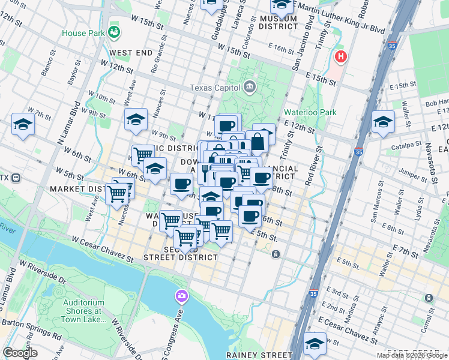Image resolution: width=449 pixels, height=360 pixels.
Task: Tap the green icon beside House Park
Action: point(113,31)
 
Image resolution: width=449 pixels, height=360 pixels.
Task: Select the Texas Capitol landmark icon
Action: point(249,88)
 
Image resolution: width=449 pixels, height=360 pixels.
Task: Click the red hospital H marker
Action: point(341,58)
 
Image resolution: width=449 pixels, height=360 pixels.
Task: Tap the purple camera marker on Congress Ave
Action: point(181,296)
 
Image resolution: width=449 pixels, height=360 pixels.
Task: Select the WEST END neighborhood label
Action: point(131,53)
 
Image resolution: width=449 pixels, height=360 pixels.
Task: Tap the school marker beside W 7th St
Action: point(23,124)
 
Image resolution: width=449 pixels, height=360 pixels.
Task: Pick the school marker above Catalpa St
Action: point(383,122)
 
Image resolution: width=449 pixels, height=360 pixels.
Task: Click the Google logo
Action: point(20,353)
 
